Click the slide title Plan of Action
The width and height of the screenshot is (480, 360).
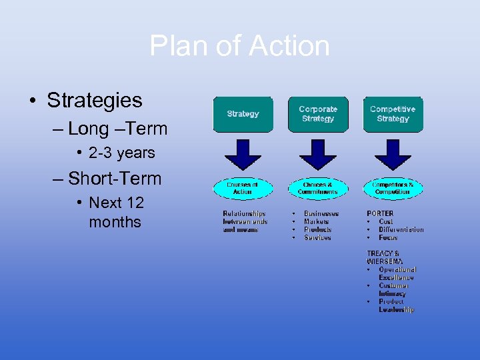tap(239, 46)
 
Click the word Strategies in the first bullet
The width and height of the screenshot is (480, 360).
tap(94, 101)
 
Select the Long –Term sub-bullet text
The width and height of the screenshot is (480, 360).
tap(117, 128)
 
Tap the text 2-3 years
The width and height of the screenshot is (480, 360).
tap(121, 153)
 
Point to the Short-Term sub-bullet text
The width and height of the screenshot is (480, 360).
tap(115, 179)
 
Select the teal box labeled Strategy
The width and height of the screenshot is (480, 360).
tap(243, 114)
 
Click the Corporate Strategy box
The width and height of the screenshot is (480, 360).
tap(318, 114)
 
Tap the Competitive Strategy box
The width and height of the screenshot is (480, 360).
tap(393, 114)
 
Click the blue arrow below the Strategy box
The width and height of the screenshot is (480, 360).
tap(243, 154)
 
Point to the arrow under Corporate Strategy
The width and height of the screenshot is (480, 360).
tap(318, 154)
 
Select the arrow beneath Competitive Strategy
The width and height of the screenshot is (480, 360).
tap(393, 154)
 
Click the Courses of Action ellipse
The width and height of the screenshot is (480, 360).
tap(243, 188)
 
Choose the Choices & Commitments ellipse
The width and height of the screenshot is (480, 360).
tap(318, 188)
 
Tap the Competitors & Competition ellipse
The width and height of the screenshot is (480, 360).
tap(393, 188)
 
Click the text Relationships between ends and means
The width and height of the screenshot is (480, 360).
tap(244, 221)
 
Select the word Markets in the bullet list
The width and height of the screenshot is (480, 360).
tap(316, 221)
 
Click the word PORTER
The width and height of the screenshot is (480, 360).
tap(380, 213)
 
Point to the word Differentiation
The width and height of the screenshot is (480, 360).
tap(401, 229)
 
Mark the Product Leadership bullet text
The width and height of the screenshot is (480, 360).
tap(396, 305)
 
